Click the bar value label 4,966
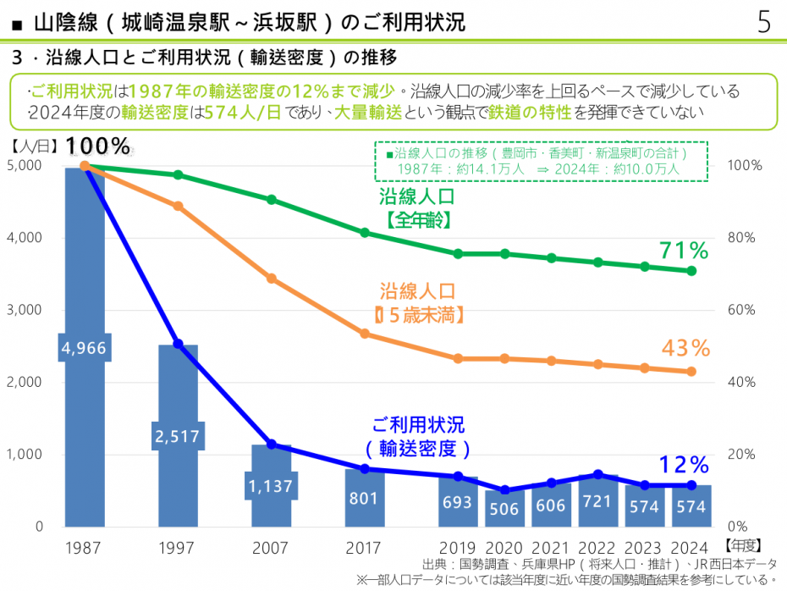85,347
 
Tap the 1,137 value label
271,487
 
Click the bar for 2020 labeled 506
504,507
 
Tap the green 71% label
684,251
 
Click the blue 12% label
684,465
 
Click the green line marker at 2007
272,200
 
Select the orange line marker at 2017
365,334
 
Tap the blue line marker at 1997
178,344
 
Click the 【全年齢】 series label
416,220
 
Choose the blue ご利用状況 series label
418,425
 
